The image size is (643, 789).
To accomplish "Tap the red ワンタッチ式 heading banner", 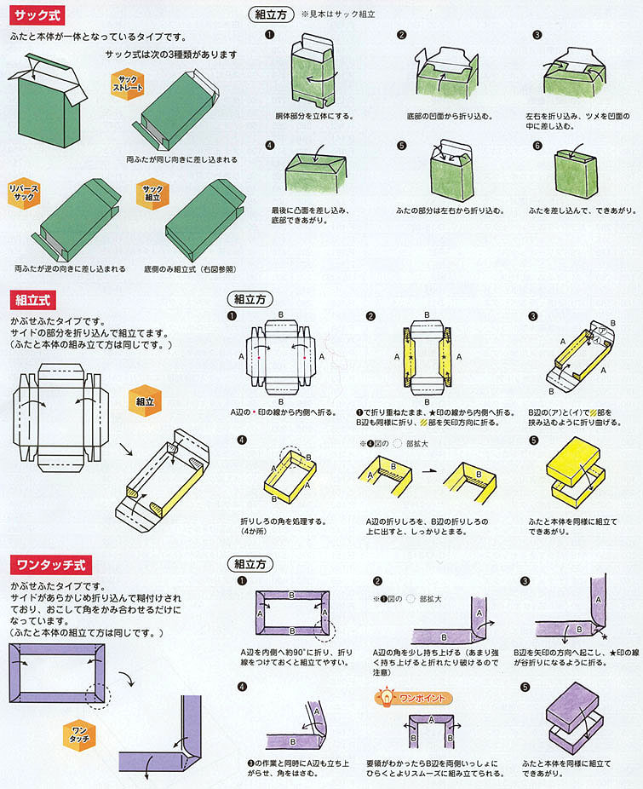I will [49, 565].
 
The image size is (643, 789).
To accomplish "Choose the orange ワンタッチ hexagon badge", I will [78, 735].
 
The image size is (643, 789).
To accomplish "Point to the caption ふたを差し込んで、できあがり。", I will [571, 208].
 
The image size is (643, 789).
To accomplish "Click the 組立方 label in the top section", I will [270, 14].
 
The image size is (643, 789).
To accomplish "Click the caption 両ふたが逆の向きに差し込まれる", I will [70, 268].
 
